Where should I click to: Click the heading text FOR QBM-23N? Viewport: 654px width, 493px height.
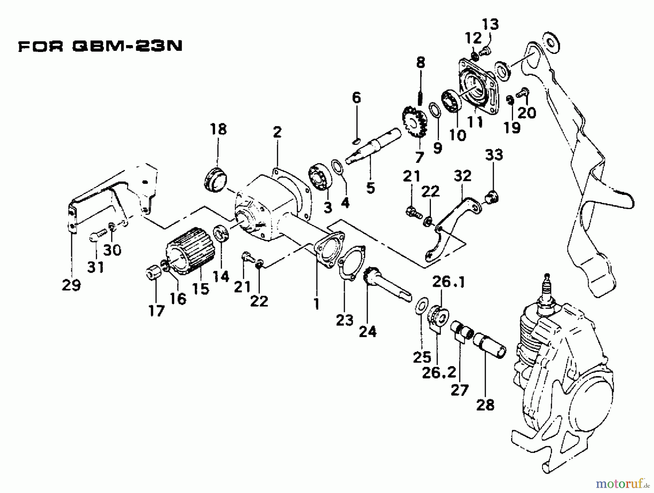pos(100,47)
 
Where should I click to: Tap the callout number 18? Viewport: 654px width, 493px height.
pos(218,129)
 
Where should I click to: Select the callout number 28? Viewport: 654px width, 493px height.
pos(485,405)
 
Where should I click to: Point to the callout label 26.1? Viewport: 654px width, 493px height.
pos(448,282)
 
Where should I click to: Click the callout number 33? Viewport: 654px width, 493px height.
pos(494,155)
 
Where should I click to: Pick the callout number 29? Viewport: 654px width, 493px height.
pos(71,285)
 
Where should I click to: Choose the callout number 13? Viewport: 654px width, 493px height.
pos(490,25)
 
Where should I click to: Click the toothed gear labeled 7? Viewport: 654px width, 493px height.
pos(414,122)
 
